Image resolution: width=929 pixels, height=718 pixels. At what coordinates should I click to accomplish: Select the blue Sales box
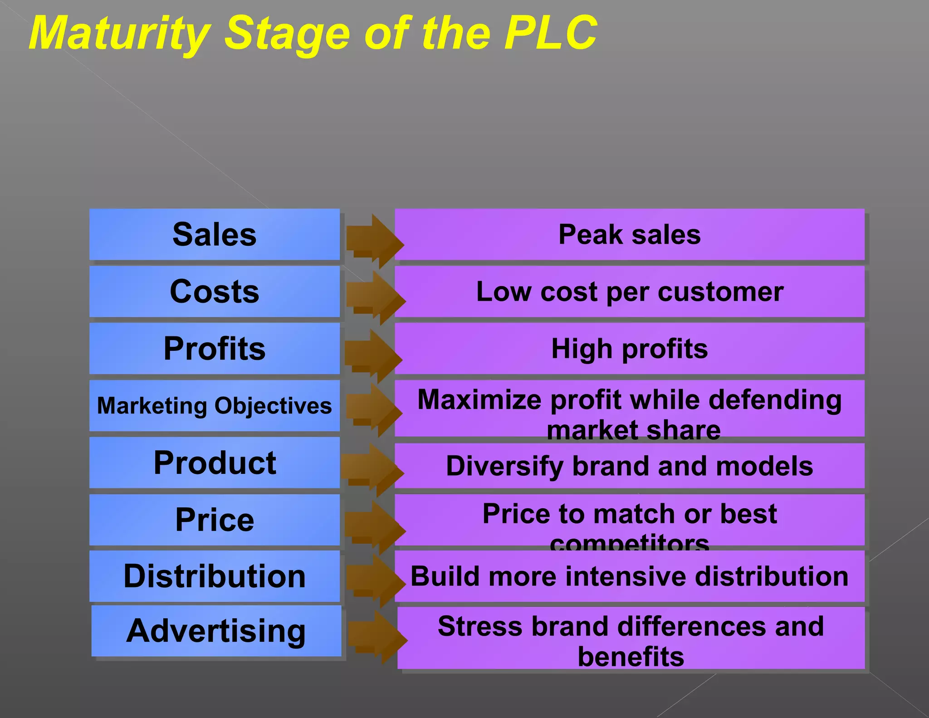point(214,235)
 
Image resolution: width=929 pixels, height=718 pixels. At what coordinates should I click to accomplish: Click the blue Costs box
point(214,291)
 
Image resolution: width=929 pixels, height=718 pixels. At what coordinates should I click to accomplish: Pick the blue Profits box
point(214,349)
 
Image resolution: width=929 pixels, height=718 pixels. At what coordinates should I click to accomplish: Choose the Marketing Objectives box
point(214,406)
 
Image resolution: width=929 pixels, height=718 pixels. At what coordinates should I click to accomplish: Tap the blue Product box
point(214,463)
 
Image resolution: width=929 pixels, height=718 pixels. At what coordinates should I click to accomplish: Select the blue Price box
point(214,520)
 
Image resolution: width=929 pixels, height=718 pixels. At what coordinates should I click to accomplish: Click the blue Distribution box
point(214,576)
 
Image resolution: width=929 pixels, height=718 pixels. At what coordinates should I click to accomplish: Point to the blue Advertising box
point(216,631)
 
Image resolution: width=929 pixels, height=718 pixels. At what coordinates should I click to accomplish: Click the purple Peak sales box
point(629,235)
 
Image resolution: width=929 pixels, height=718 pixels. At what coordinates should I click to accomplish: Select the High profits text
point(629,349)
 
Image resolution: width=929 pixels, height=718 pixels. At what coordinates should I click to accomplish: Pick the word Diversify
point(504,467)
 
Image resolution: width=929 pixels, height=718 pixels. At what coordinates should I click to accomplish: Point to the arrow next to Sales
point(374,241)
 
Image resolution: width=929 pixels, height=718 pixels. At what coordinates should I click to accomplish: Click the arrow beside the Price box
point(374,526)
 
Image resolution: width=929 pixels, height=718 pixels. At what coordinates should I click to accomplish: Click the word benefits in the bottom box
point(631,657)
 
